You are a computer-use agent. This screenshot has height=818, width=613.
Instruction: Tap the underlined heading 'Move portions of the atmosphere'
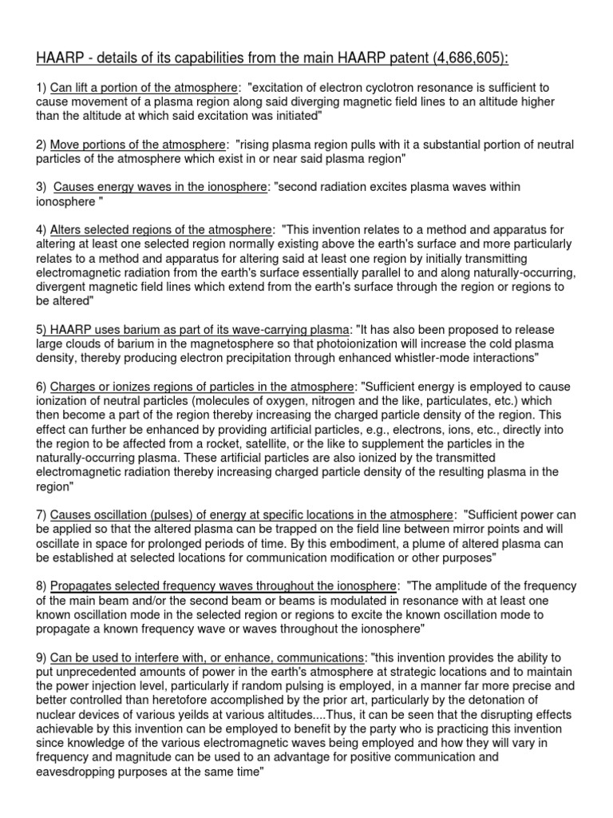[x=137, y=145]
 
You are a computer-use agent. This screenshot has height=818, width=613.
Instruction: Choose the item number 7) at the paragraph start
[x=40, y=514]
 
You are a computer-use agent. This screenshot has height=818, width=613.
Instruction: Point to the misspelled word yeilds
[x=225, y=714]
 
